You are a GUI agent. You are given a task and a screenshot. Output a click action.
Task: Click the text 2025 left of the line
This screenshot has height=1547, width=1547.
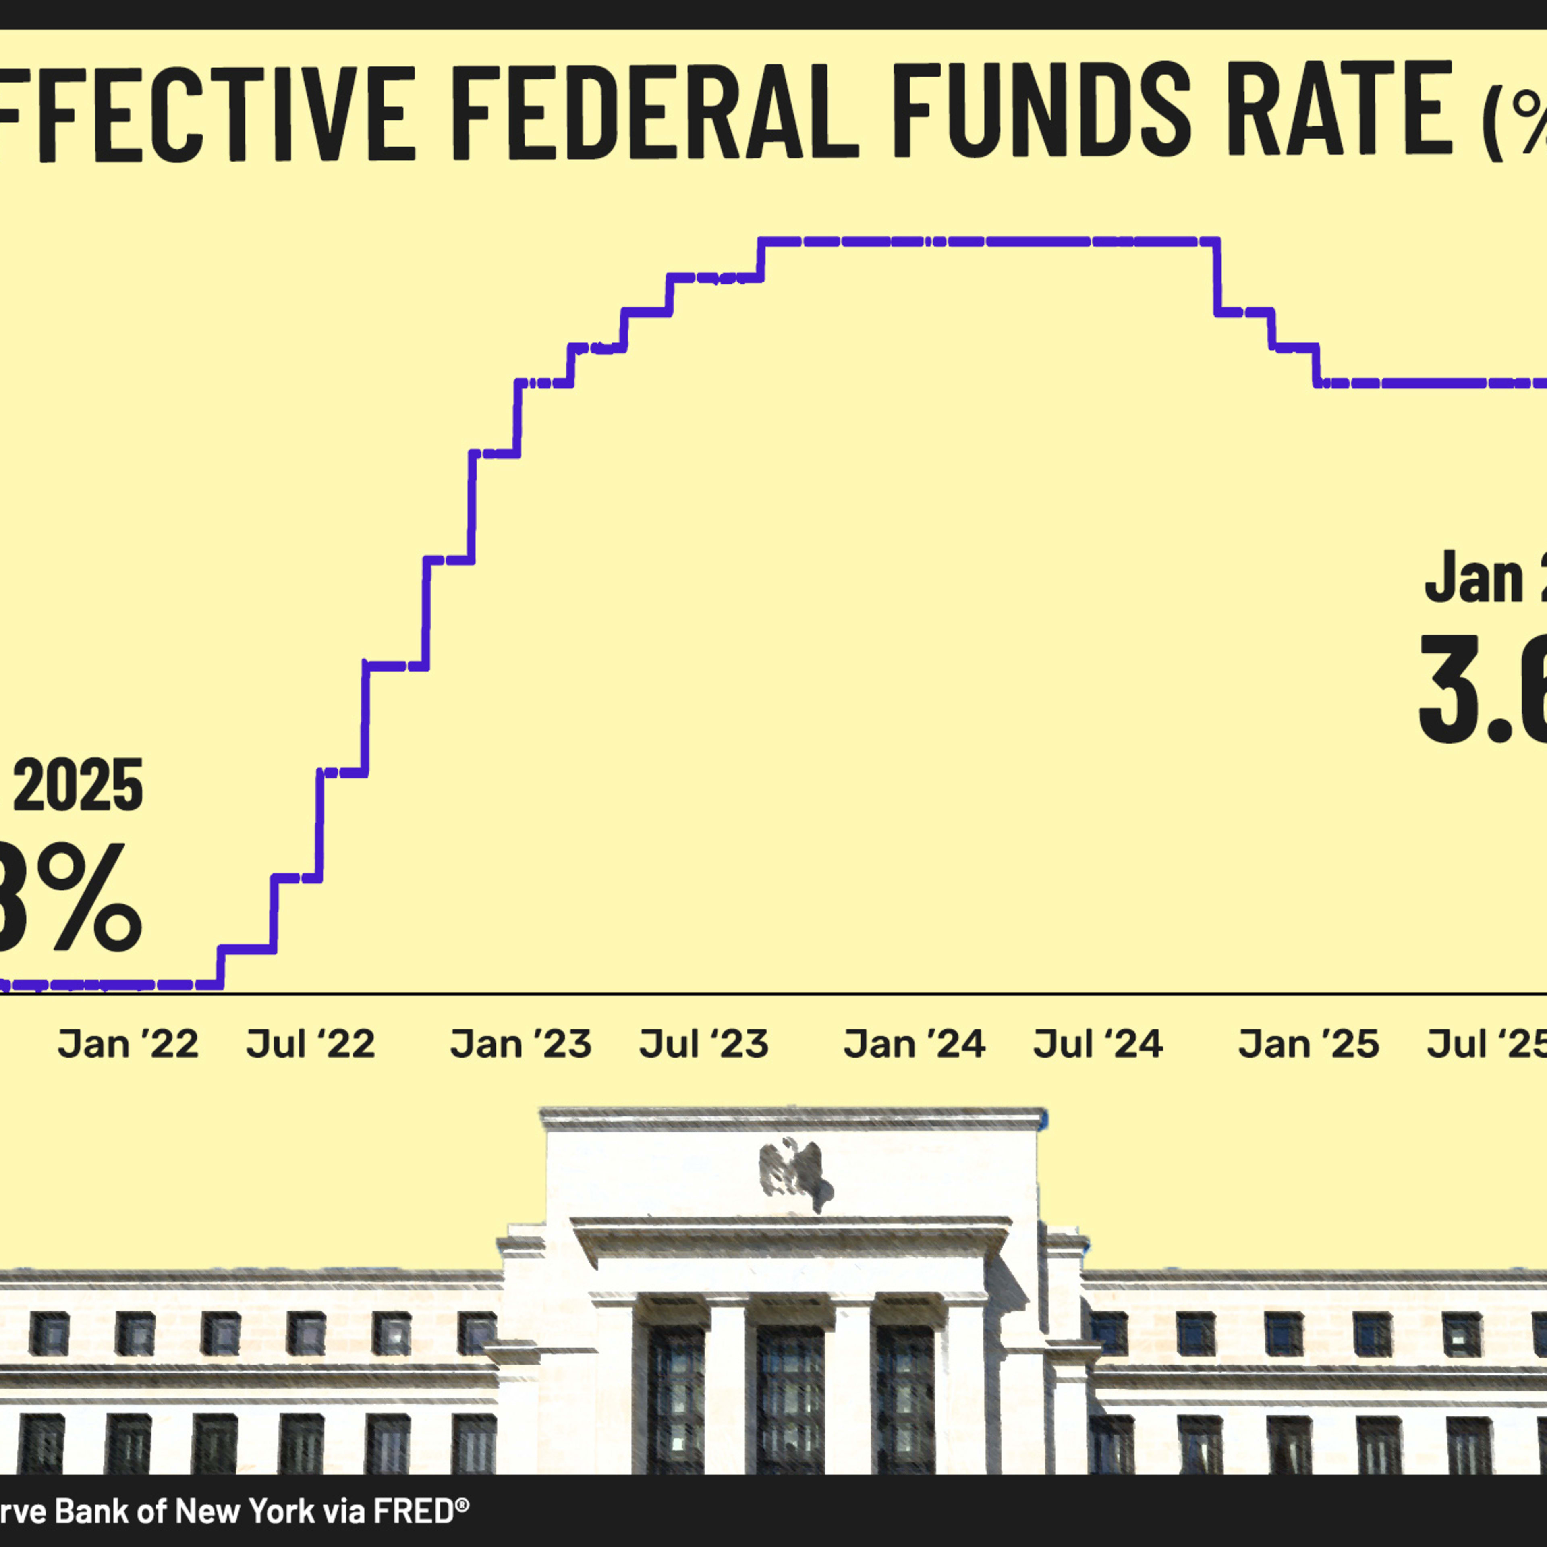click(x=78, y=786)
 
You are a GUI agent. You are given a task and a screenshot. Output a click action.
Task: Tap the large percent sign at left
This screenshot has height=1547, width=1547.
click(x=88, y=897)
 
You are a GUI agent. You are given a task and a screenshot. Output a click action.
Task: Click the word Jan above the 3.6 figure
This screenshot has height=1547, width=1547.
click(x=1473, y=578)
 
